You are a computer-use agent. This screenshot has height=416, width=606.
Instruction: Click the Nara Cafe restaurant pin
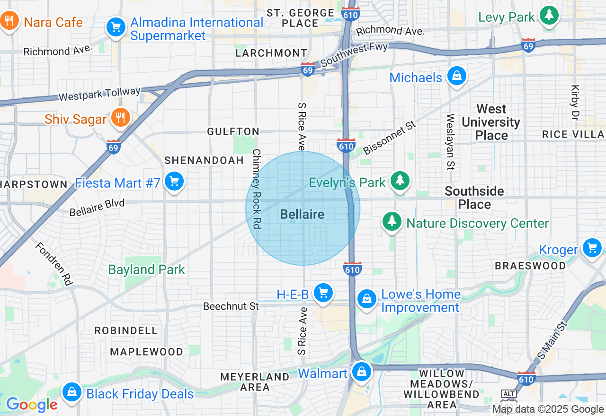point(9,21)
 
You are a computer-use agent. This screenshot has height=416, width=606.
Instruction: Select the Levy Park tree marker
point(549,16)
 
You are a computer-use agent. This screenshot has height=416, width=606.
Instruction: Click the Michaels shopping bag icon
point(457,76)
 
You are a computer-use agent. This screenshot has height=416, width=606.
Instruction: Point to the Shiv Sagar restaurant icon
point(120,118)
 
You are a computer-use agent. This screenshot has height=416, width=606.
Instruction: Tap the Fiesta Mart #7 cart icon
point(174,182)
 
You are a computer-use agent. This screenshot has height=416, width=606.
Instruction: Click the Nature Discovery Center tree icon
point(392,222)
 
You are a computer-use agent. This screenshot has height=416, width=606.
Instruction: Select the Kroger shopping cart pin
point(592,248)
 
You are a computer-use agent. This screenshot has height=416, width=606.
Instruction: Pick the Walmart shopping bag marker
point(362,372)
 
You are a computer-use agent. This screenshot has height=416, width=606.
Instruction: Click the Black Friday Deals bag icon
point(72,392)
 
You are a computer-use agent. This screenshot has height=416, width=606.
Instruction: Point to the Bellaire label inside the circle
point(302,215)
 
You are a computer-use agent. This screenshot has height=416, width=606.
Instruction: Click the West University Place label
point(491,122)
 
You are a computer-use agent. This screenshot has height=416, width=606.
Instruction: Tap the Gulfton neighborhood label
point(233,132)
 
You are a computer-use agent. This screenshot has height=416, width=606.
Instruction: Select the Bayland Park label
point(146,269)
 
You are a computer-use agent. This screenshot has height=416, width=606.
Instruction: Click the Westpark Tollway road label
point(99,94)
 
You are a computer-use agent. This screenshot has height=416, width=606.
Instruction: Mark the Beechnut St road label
point(231,306)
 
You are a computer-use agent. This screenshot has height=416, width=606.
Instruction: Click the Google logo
point(31,405)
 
